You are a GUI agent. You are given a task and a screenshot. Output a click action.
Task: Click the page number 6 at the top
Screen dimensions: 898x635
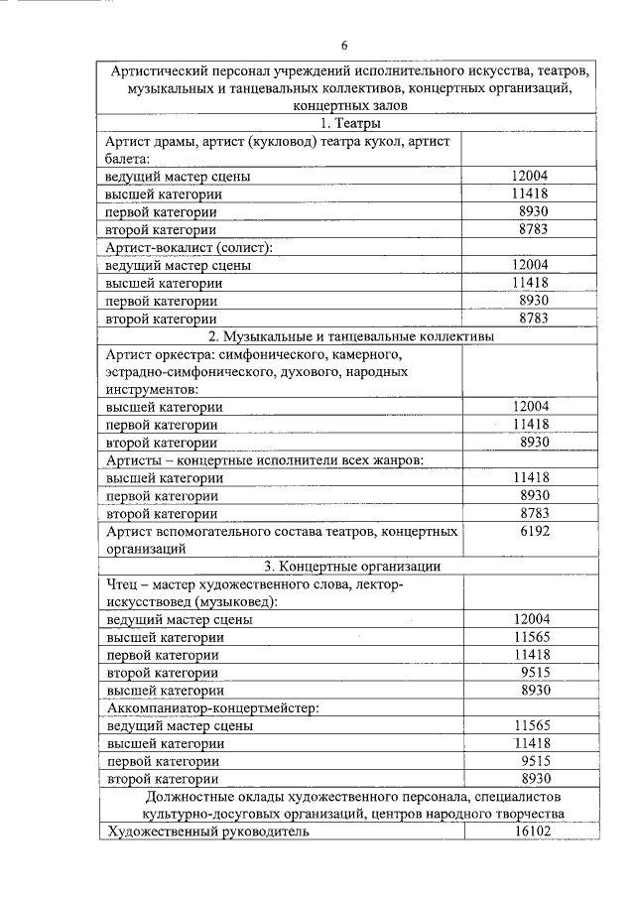point(344,46)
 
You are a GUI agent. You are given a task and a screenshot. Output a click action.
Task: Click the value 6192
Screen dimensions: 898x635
point(534,532)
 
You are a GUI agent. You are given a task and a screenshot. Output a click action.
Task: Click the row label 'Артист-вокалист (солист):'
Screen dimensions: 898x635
point(189,247)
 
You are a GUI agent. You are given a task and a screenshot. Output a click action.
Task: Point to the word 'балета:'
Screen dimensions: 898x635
point(128,158)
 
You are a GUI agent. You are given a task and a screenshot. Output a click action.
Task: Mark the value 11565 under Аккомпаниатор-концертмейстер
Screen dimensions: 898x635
point(531,725)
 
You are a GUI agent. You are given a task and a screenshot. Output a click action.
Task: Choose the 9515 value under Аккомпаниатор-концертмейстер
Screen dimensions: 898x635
point(534,760)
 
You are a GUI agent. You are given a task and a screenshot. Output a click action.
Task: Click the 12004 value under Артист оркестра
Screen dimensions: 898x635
point(531,406)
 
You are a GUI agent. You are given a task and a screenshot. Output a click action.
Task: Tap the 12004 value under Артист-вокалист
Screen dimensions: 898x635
point(531,265)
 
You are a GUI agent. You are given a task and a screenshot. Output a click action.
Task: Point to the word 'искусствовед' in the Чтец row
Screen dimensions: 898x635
point(149,600)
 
